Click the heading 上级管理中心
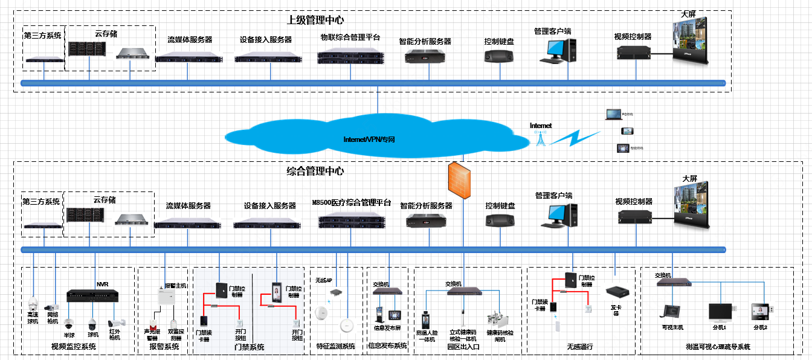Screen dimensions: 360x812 click(315, 20)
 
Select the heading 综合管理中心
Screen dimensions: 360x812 click(315, 171)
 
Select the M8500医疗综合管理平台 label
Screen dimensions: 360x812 click(352, 203)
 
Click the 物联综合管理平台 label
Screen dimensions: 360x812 click(350, 37)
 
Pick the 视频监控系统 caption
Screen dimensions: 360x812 click(76, 347)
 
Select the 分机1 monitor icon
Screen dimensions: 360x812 click(720, 312)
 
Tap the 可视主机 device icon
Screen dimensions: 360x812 click(671, 312)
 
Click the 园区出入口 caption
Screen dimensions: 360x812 click(463, 347)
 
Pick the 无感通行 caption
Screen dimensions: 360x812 click(579, 347)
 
